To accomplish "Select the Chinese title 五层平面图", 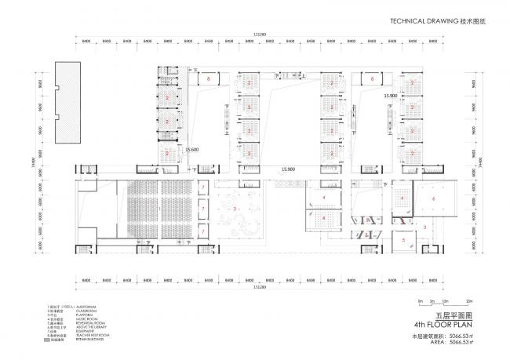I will click(432, 315).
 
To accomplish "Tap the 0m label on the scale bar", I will click(421, 300).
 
